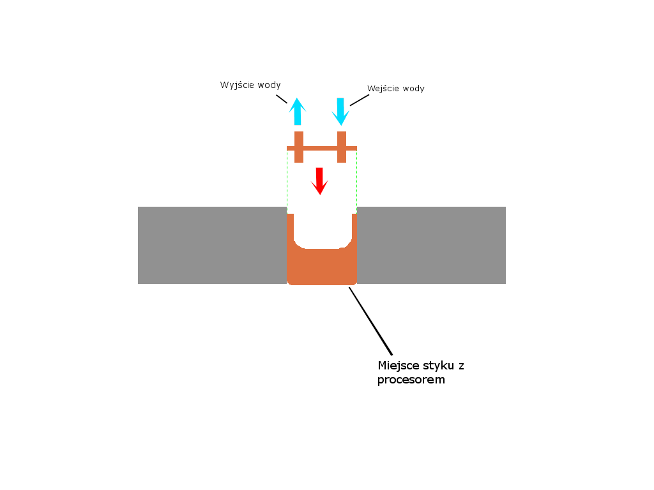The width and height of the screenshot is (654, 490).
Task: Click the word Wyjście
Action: [x=237, y=85]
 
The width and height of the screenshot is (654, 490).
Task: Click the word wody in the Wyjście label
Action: [x=269, y=85]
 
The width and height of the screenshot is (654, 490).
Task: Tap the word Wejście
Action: [x=383, y=89]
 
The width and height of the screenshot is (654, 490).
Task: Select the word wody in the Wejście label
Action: [x=414, y=88]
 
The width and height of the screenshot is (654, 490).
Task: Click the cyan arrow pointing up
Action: [x=298, y=112]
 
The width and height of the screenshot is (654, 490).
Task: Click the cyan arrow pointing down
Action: [x=340, y=112]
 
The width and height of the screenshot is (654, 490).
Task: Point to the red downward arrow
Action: [x=319, y=181]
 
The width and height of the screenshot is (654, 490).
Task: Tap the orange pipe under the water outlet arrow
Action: [x=299, y=147]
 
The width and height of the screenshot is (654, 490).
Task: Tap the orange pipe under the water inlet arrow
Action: [x=342, y=147]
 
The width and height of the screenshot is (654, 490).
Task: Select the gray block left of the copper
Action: [x=212, y=246]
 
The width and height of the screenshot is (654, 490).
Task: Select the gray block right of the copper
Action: [x=431, y=246]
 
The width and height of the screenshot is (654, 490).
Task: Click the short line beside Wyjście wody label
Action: [x=282, y=99]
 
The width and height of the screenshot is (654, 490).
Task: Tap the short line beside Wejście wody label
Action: [x=360, y=100]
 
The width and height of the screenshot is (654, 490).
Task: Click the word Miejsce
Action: [x=399, y=366]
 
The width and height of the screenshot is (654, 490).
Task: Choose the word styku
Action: [x=439, y=366]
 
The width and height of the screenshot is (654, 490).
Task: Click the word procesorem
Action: [x=411, y=380]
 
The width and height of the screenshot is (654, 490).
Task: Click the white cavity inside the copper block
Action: [x=323, y=229]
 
